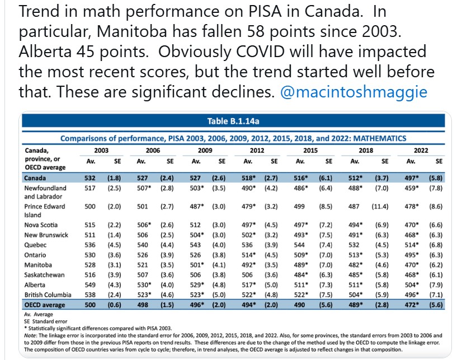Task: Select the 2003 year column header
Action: tap(101, 151)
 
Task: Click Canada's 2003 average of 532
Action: tap(88, 178)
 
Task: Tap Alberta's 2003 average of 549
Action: tap(88, 285)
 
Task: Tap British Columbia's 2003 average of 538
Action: tap(88, 294)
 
